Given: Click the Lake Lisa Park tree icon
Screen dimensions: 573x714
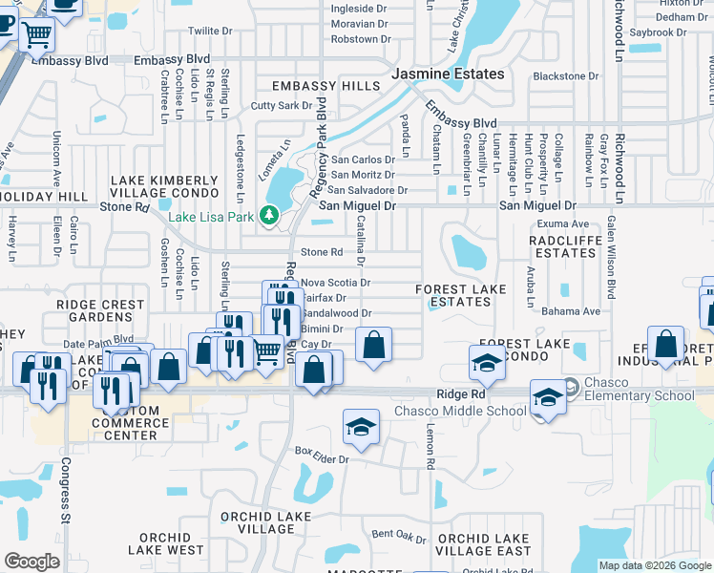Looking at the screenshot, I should [269, 217].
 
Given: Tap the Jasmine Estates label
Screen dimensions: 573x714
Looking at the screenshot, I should [449, 74].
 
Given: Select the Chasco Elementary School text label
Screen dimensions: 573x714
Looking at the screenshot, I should [640, 396].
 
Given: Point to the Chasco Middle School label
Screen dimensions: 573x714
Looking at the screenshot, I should [461, 412].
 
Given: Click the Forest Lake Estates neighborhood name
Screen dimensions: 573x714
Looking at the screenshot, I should [453, 295].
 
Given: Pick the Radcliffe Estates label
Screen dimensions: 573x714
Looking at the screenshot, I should [565, 246].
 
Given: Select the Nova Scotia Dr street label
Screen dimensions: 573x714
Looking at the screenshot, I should [335, 283].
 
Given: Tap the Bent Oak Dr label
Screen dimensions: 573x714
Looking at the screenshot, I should [396, 535].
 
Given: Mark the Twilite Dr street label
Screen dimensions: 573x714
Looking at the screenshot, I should [211, 31].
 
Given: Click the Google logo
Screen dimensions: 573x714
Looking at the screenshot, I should [32, 562].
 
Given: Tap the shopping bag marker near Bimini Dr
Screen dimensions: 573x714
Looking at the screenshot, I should [374, 345].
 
